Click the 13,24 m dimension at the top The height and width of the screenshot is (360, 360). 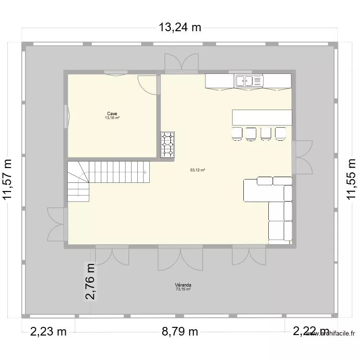180,27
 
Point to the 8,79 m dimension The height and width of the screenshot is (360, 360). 180,331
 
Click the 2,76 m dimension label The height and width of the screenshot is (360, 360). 90,281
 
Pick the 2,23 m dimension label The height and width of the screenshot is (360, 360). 48,331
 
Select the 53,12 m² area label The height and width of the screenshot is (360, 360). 197,170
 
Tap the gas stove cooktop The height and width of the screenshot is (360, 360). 168,144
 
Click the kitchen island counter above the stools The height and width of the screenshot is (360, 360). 262,117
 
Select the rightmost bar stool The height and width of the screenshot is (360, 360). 281,134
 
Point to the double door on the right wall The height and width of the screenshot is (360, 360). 302,156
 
